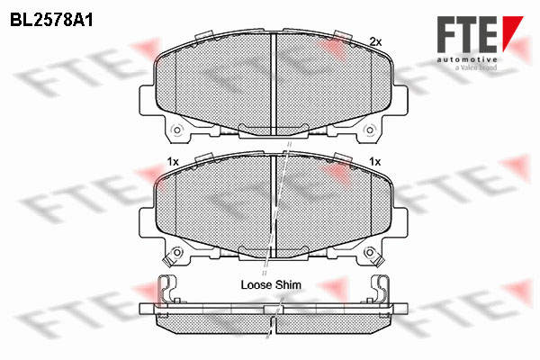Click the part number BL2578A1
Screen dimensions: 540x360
pos(51,21)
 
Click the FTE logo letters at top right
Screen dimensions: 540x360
pos(467,34)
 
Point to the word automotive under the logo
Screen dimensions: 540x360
pos(467,59)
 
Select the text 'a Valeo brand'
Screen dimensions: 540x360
pos(476,67)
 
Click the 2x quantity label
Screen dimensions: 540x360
pos(375,42)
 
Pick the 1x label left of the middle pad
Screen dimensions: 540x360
pos(173,162)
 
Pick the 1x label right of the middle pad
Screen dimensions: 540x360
pos(374,162)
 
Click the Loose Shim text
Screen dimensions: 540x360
pos(271,285)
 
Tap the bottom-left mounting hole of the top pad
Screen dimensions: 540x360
pos(177,130)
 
